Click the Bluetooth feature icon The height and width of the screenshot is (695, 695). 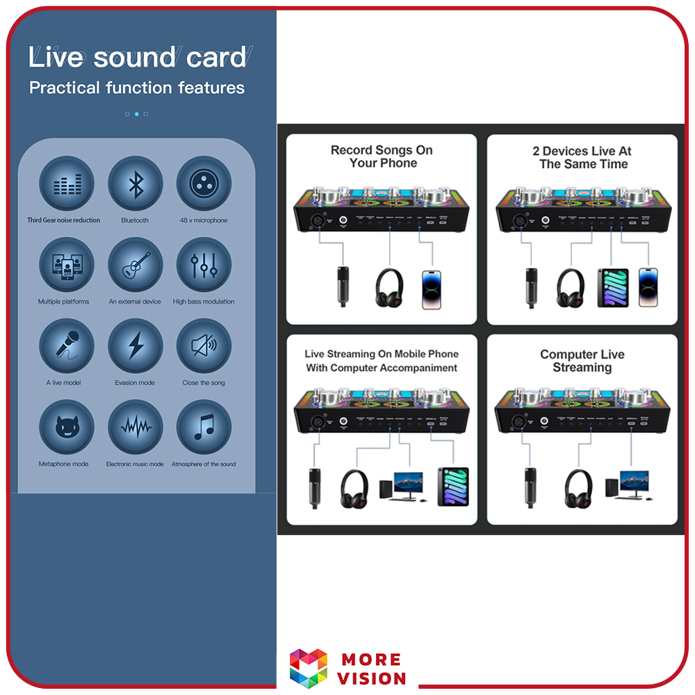(x=136, y=184)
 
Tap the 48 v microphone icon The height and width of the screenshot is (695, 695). (x=204, y=184)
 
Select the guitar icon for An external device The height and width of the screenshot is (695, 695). (x=136, y=265)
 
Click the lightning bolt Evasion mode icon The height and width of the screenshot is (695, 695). (x=136, y=346)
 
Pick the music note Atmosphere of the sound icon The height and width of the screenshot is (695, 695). (x=204, y=427)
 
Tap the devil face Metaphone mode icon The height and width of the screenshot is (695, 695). (x=66, y=427)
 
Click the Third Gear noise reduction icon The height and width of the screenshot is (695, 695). (x=66, y=184)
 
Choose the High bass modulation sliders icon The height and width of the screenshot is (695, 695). (x=204, y=265)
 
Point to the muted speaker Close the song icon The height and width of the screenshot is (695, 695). (x=204, y=346)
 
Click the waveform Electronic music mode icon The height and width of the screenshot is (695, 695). (x=136, y=427)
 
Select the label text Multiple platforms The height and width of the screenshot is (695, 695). (x=64, y=302)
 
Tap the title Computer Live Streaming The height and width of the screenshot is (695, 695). (x=582, y=361)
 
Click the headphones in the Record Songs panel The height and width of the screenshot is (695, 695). (x=389, y=287)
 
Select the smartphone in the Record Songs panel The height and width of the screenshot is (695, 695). (x=432, y=288)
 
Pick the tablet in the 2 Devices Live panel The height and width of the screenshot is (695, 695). (x=613, y=288)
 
